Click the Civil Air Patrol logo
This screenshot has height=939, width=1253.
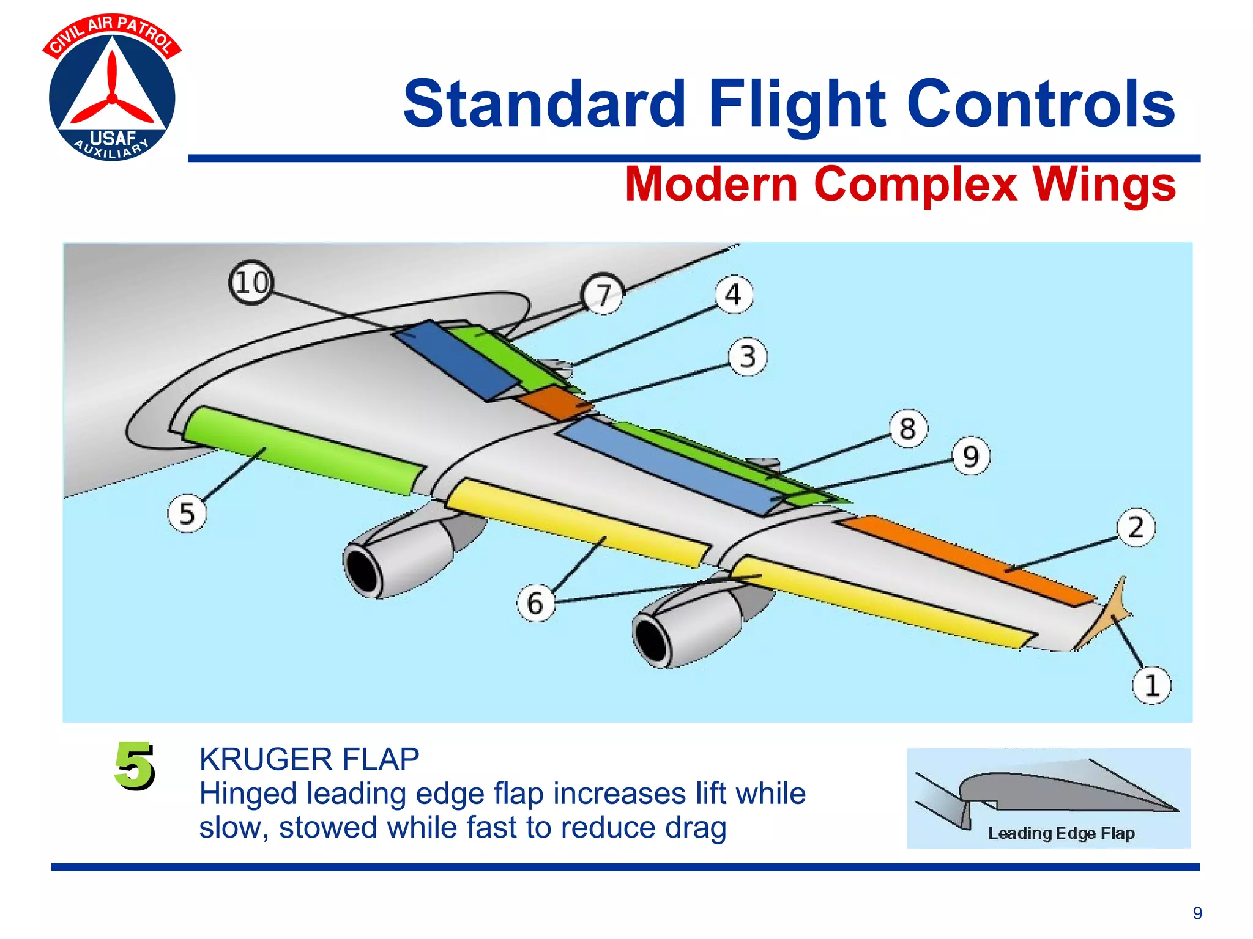click(112, 89)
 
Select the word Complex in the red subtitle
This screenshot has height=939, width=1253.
click(915, 185)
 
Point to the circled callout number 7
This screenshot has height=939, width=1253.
click(603, 295)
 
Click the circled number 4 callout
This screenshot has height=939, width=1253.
click(734, 295)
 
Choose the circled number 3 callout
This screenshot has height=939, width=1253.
click(747, 357)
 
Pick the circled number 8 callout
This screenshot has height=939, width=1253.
click(908, 429)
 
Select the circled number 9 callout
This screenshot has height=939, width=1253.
click(971, 457)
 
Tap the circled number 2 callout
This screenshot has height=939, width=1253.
click(1136, 528)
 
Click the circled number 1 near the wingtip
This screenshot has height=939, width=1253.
click(1151, 685)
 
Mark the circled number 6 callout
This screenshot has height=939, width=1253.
click(535, 603)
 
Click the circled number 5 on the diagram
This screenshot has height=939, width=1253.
click(187, 514)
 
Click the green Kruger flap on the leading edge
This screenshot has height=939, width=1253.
click(303, 451)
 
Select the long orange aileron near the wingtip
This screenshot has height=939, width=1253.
click(967, 559)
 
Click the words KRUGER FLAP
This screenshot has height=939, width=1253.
click(309, 760)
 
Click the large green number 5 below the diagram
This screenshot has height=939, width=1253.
click(134, 765)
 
